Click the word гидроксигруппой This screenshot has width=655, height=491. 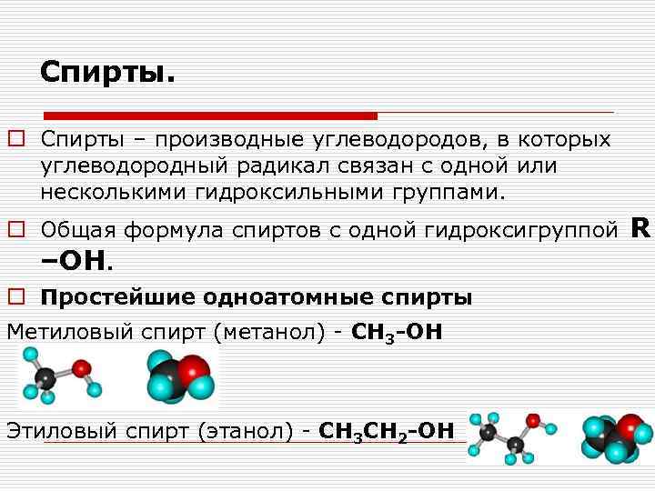[x=521, y=230]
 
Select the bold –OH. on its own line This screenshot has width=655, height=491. [x=76, y=262]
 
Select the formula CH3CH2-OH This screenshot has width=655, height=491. [x=387, y=430]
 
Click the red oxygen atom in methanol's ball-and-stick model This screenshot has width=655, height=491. [x=82, y=369]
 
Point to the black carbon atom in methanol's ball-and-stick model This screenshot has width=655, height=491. [x=46, y=376]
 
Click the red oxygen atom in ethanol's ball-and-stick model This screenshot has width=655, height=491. [x=533, y=421]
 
